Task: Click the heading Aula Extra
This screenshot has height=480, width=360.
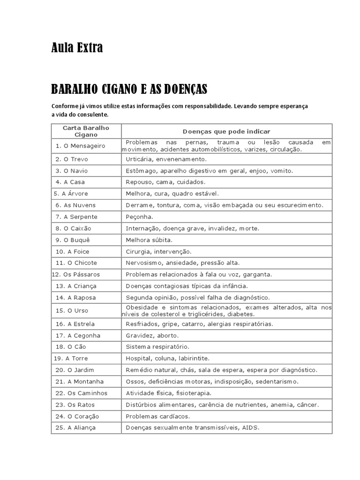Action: coord(77,48)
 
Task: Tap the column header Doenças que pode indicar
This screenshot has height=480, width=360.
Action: coord(226,132)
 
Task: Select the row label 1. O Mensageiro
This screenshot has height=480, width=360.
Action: coord(80,146)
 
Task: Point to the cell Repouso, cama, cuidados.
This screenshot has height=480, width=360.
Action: coord(165,182)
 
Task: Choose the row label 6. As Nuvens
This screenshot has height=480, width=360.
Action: coord(75,205)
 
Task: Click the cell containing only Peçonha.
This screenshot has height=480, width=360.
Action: coord(139,217)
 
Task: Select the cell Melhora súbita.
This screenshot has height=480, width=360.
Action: coord(149,240)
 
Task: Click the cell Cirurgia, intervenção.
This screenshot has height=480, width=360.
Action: coord(158,251)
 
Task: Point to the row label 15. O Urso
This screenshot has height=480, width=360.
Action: coord(72,310)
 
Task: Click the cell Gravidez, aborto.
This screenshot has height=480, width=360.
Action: coord(152,336)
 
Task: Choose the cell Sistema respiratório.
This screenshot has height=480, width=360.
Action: coord(157,347)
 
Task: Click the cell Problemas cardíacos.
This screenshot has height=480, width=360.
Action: coord(157,416)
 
